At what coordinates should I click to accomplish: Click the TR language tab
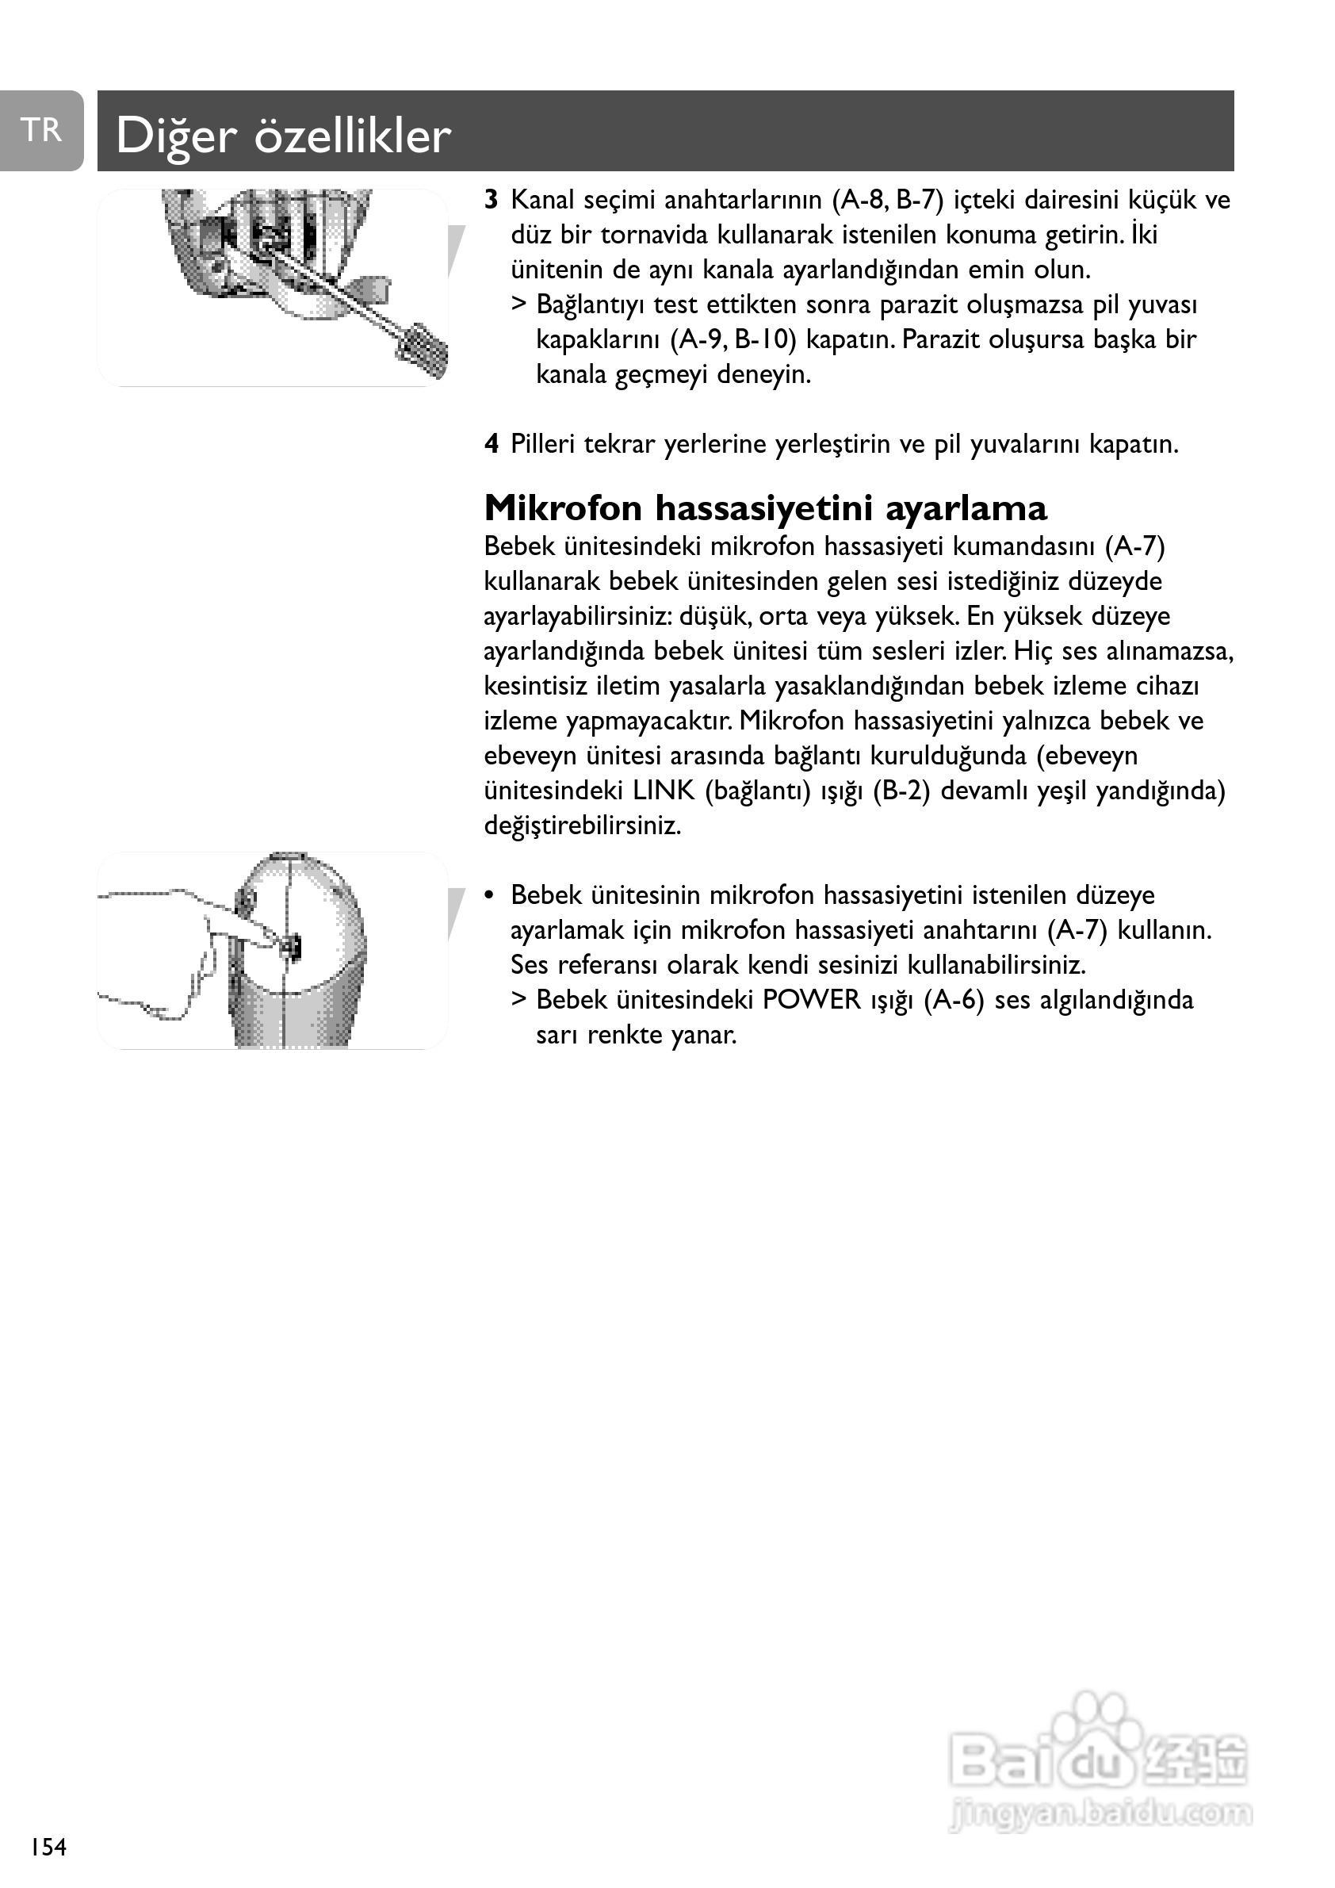click(41, 131)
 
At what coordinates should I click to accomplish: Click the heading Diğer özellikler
click(283, 136)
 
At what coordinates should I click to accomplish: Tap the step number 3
click(492, 200)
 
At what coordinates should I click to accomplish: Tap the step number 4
click(492, 445)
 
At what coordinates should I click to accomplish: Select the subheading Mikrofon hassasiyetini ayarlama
click(765, 508)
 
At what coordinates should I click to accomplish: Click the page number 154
click(48, 1847)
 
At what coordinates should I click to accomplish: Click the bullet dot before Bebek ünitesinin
click(490, 895)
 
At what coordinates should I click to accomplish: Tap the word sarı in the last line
click(557, 1036)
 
